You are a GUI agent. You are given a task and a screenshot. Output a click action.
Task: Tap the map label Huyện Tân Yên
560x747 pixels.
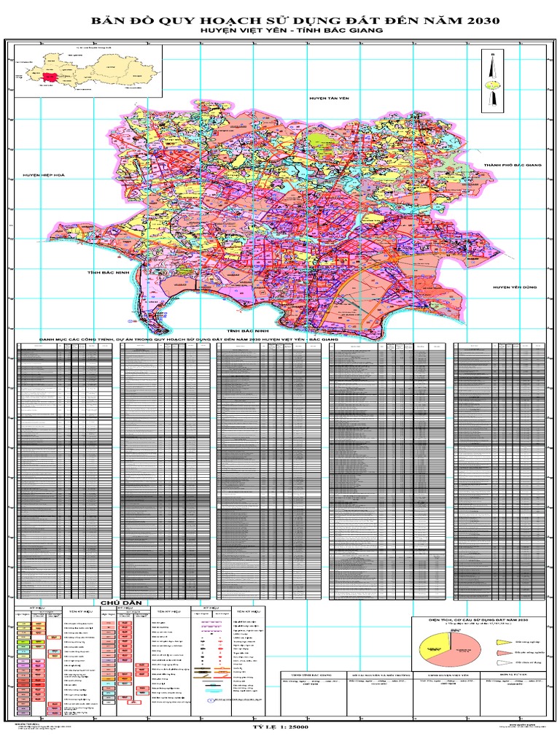point(327,96)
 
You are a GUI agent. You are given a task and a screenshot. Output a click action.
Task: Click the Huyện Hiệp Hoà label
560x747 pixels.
point(43,175)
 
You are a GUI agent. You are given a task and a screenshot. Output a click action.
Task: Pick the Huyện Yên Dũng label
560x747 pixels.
point(515,288)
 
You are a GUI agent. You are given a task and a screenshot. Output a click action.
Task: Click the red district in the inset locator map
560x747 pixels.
point(50,76)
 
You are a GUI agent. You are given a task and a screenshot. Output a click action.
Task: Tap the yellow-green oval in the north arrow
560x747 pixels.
point(494,85)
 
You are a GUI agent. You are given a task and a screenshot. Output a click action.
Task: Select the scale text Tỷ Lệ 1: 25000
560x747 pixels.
point(279,728)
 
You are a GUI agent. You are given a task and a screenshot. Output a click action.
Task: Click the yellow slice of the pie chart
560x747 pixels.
point(435,642)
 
